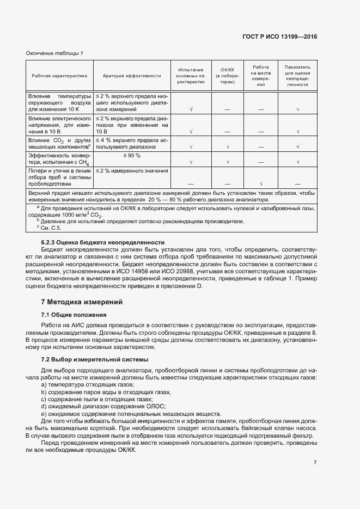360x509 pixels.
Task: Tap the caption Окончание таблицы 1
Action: point(54,53)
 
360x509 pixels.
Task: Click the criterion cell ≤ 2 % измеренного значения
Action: point(132,171)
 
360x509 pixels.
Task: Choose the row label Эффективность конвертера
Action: point(59,159)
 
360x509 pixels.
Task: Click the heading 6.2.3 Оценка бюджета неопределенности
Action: point(95,242)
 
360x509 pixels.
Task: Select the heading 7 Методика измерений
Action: point(82,302)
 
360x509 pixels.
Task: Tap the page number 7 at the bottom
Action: point(315,463)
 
